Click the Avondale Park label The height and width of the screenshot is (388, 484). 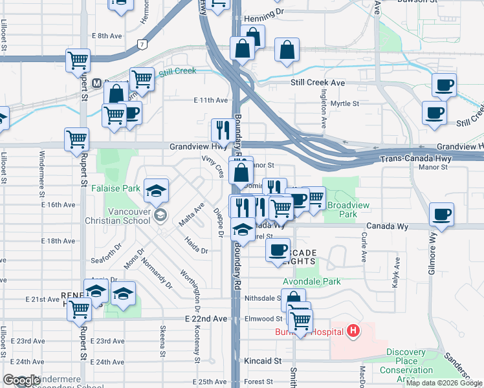pyautogui.click(x=311, y=282)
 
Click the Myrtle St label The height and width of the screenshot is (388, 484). pyautogui.click(x=344, y=103)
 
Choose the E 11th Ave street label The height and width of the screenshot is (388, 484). pyautogui.click(x=211, y=100)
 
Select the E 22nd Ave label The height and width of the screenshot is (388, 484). pyautogui.click(x=206, y=319)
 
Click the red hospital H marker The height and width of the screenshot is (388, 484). pyautogui.click(x=353, y=333)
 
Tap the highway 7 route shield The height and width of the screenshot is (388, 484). pyautogui.click(x=141, y=44)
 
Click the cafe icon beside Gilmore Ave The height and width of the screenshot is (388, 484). pyautogui.click(x=441, y=214)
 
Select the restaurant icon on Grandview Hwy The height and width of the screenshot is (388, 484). pyautogui.click(x=221, y=129)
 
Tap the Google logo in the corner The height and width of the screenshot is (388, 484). pyautogui.click(x=22, y=380)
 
